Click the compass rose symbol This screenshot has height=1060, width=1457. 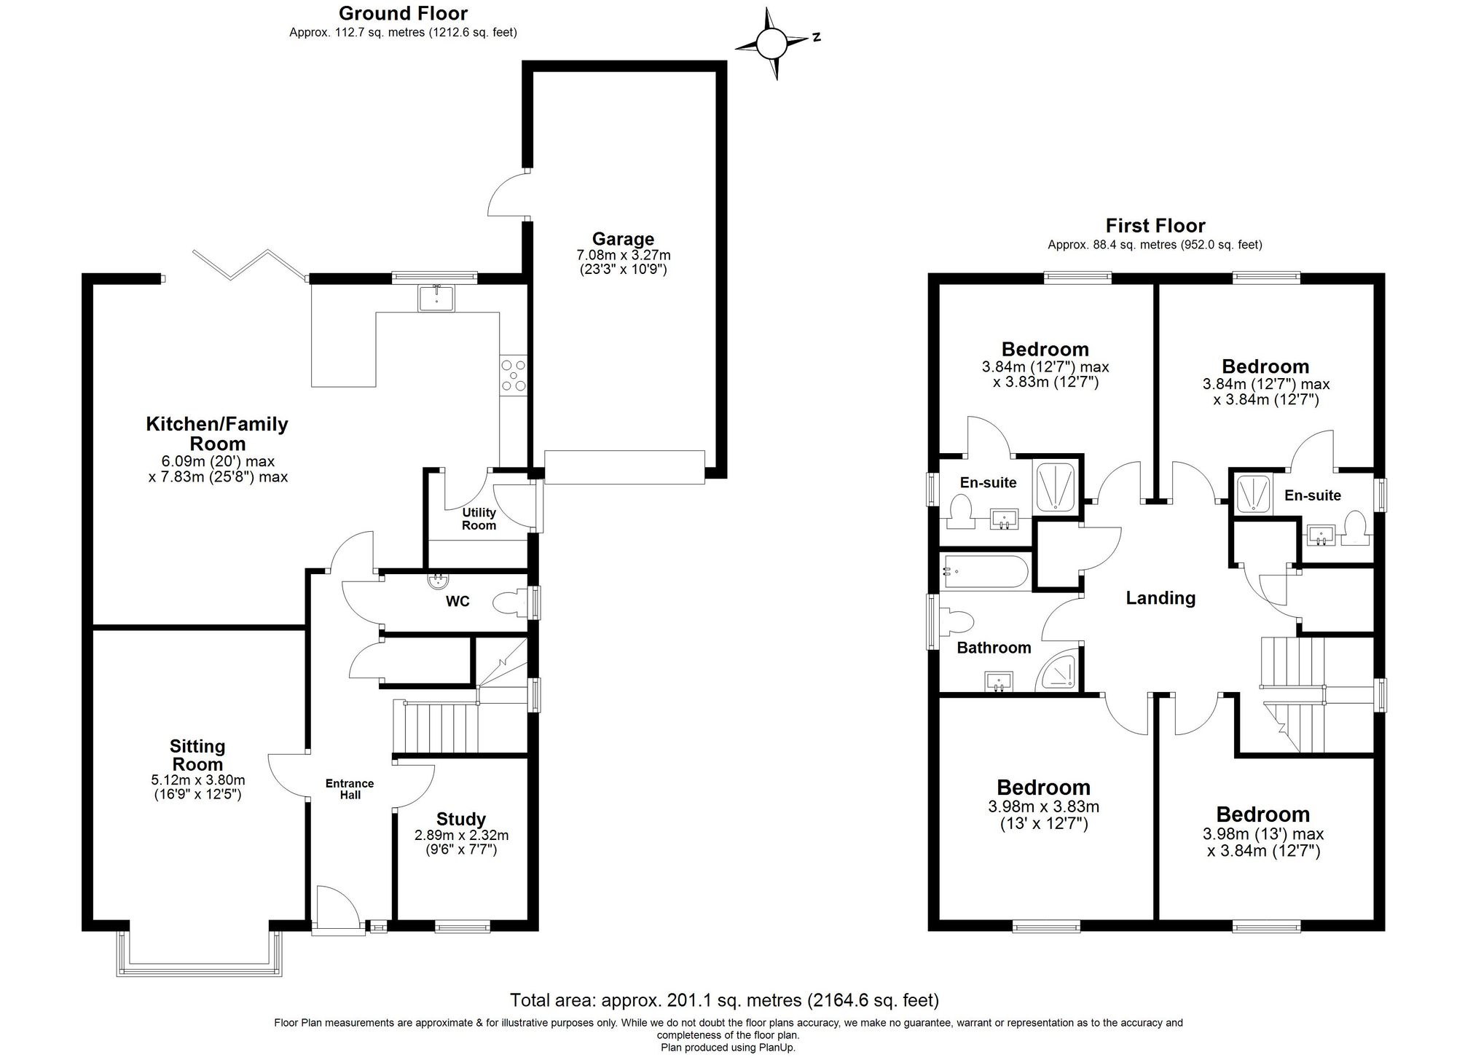click(771, 44)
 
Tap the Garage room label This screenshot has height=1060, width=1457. click(622, 239)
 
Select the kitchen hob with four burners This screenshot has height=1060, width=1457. click(513, 376)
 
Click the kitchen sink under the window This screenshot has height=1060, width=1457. click(436, 298)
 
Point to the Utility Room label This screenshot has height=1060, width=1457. click(479, 519)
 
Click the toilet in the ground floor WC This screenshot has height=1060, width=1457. click(510, 603)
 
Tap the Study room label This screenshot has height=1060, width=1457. click(460, 819)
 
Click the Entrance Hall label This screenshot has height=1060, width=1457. click(350, 789)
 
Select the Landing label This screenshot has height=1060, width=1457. click(1161, 598)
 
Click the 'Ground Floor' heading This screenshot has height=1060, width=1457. click(403, 13)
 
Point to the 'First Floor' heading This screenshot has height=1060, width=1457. click(1155, 226)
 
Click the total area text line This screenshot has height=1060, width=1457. click(724, 1000)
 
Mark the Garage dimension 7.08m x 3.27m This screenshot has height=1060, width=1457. click(623, 256)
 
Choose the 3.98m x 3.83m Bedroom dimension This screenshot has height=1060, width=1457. click(1043, 807)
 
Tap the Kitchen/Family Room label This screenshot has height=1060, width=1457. click(217, 433)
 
